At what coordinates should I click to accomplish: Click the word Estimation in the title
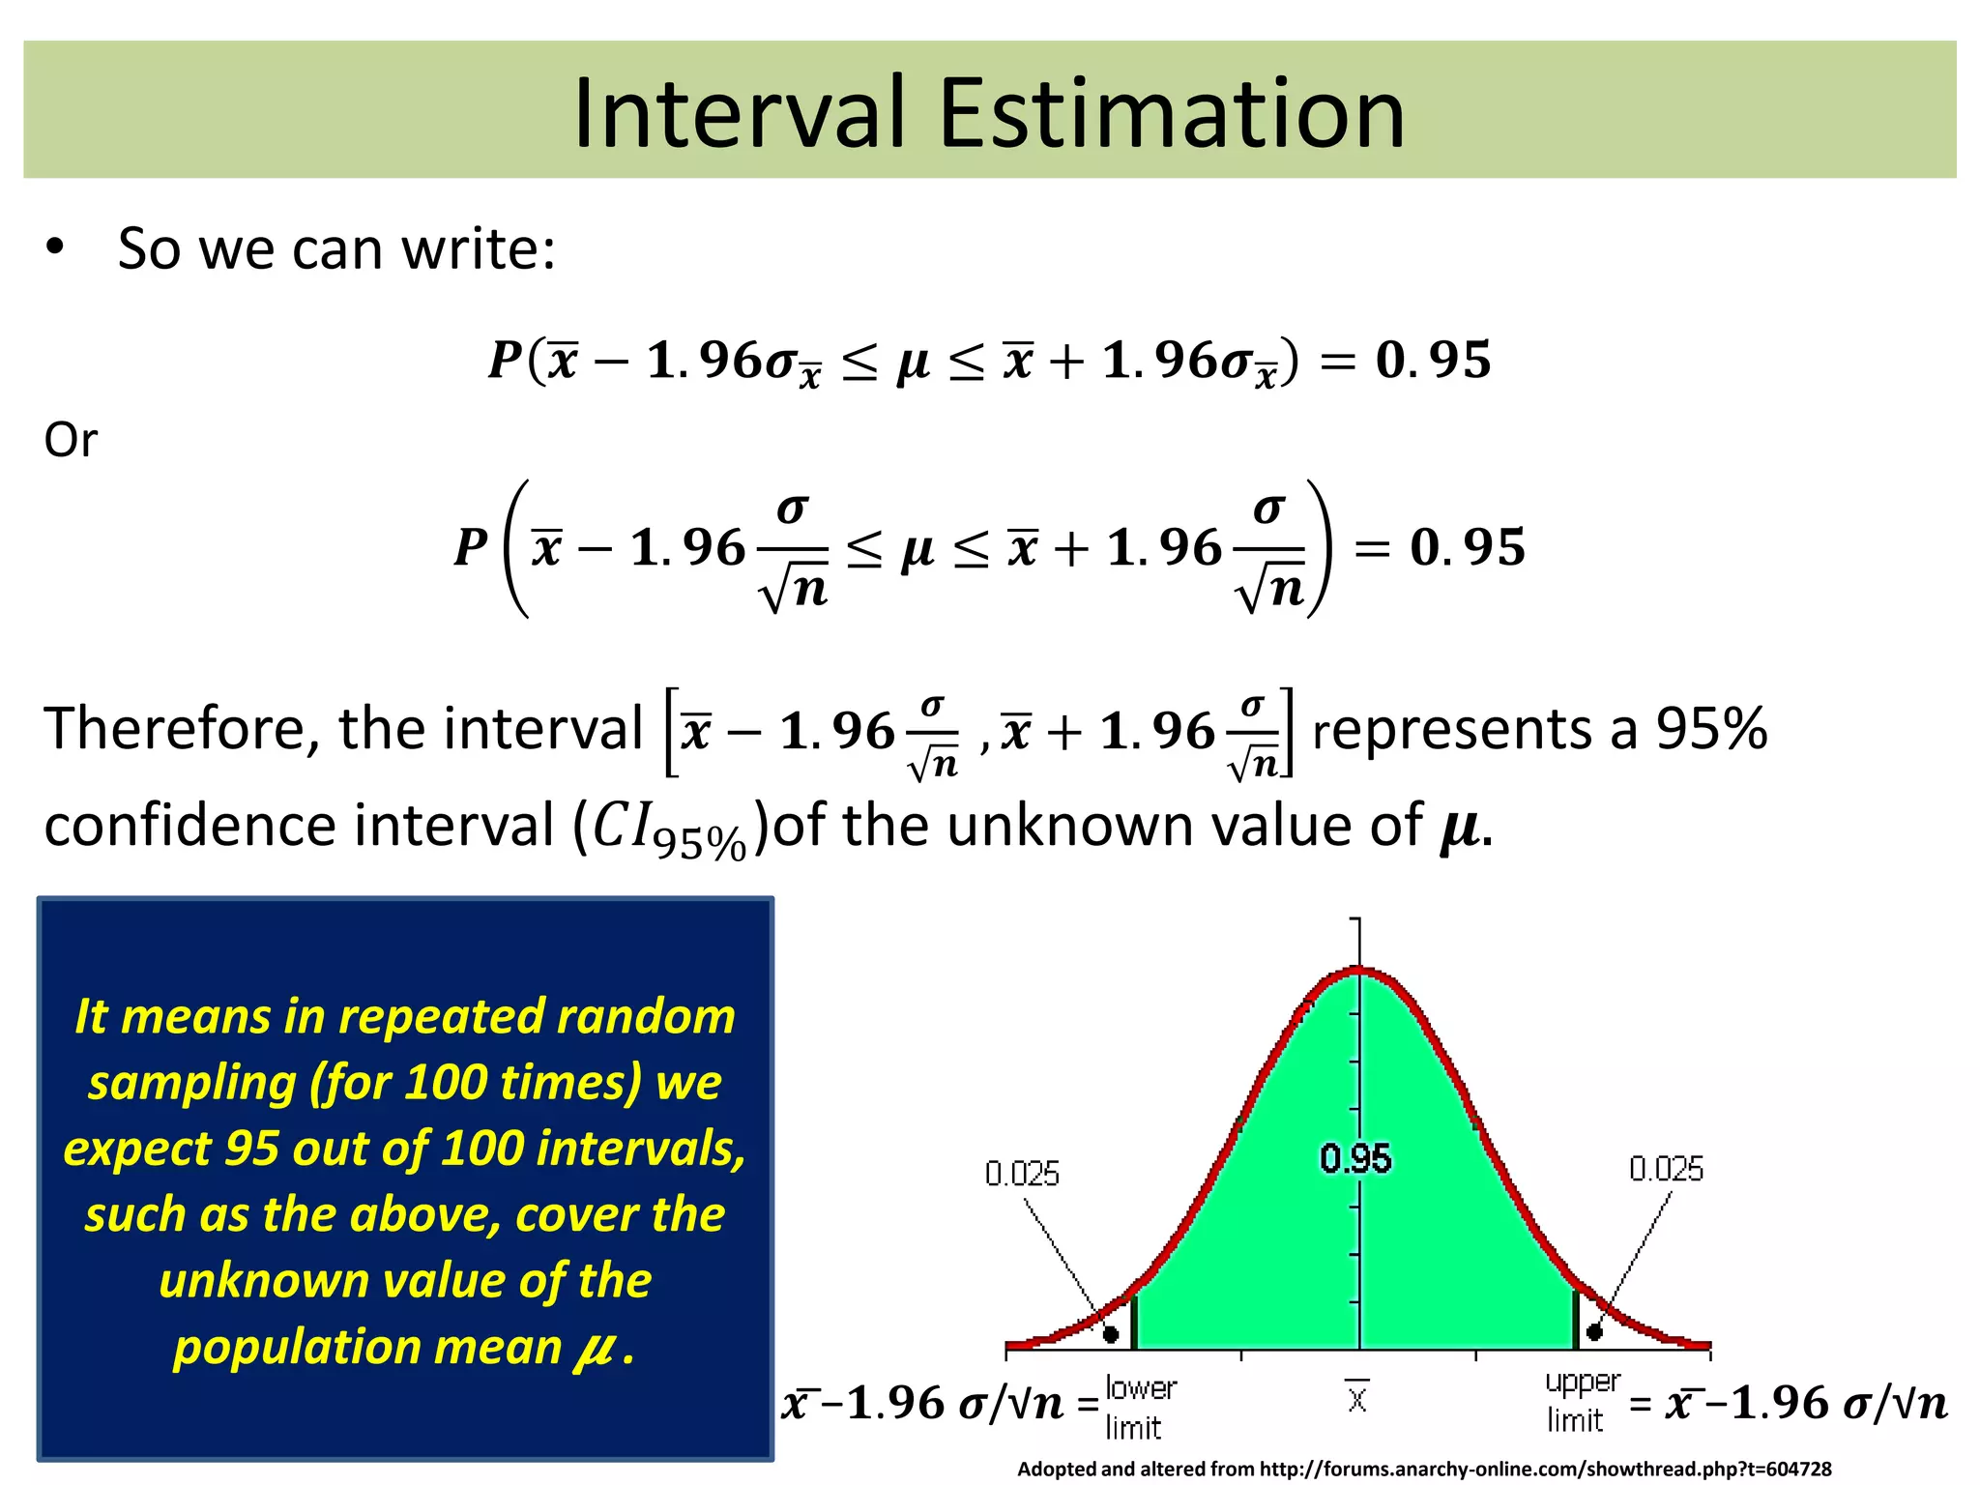[1172, 114]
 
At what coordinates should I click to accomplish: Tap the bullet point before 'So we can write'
[55, 248]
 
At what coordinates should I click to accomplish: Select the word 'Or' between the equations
[71, 440]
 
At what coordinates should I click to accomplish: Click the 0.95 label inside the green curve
[1355, 1158]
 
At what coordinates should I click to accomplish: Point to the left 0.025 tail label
[1022, 1174]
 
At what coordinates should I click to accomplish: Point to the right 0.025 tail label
[1666, 1169]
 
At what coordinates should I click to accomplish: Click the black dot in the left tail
[1111, 1334]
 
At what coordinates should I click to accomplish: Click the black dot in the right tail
[1595, 1332]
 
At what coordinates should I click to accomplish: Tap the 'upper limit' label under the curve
[1581, 1401]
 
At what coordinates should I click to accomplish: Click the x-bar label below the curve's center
[1357, 1397]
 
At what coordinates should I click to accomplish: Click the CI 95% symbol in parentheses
[669, 830]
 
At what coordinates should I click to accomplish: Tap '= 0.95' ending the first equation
[1406, 360]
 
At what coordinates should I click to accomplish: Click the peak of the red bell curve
[1359, 970]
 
